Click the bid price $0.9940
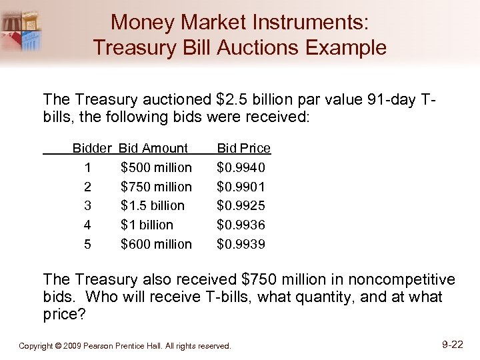point(241,167)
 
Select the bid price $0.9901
point(241,187)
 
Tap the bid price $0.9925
point(241,206)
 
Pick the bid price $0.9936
point(241,225)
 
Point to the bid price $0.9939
point(241,245)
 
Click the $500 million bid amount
point(156,167)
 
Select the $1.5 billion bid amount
point(153,206)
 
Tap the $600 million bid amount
point(156,245)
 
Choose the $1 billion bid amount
point(147,225)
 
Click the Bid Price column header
point(244,148)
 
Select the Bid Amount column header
point(153,148)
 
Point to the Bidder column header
point(93,148)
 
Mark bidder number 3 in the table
point(88,206)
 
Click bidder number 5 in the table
point(88,245)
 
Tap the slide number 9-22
point(453,345)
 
